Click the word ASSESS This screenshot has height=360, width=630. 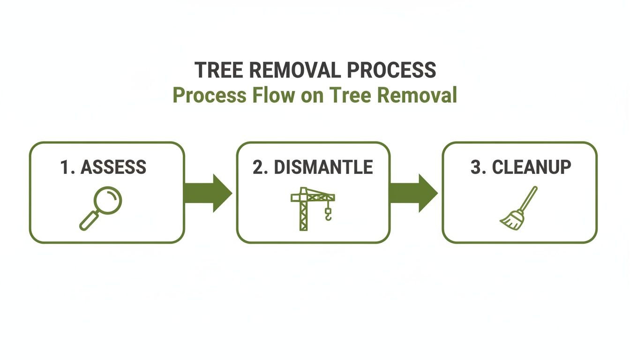pyautogui.click(x=113, y=167)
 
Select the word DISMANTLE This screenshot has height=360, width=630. pyautogui.click(x=323, y=167)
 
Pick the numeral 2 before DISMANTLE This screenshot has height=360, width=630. pyautogui.click(x=258, y=167)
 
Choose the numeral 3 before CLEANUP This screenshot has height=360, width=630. pyautogui.click(x=475, y=167)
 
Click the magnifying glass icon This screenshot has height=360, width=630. pyautogui.click(x=100, y=208)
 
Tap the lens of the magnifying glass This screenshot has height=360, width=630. pyautogui.click(x=108, y=200)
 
